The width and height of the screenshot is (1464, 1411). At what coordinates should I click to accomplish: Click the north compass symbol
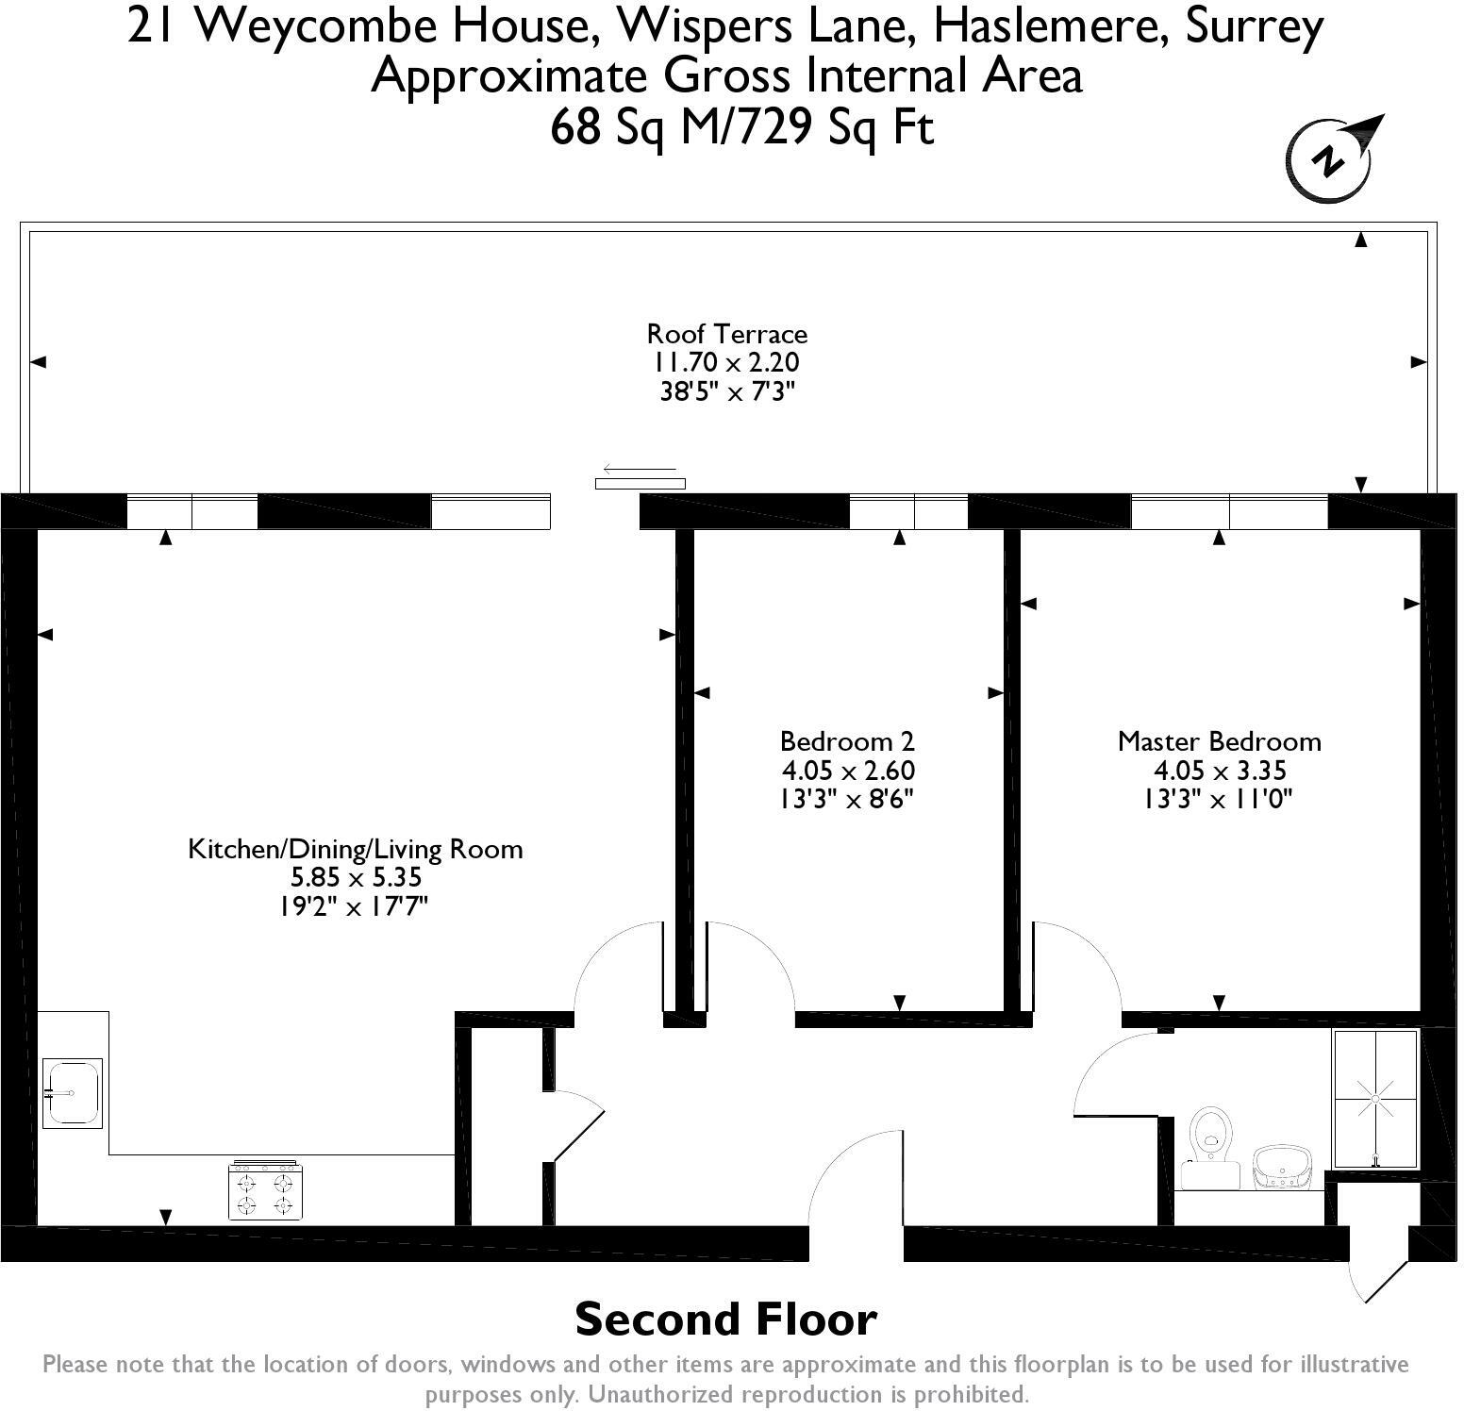click(1328, 160)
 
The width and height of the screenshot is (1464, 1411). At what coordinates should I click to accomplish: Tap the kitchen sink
click(73, 1092)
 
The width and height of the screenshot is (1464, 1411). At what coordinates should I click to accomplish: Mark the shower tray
click(1374, 1099)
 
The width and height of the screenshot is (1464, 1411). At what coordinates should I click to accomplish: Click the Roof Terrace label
click(726, 334)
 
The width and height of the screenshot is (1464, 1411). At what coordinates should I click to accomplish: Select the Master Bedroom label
click(1219, 741)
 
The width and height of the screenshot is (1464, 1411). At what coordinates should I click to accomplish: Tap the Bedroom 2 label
click(847, 741)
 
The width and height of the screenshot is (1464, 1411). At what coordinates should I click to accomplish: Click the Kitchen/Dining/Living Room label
click(356, 849)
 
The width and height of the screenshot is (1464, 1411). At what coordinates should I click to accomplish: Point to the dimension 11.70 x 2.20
click(726, 362)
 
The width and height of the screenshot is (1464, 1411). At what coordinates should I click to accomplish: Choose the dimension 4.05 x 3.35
click(1219, 771)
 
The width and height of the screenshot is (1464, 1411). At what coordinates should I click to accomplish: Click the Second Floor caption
click(725, 1320)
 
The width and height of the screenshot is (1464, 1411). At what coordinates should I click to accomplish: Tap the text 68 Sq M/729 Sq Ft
click(741, 127)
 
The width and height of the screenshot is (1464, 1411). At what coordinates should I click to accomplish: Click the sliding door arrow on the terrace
click(640, 469)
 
